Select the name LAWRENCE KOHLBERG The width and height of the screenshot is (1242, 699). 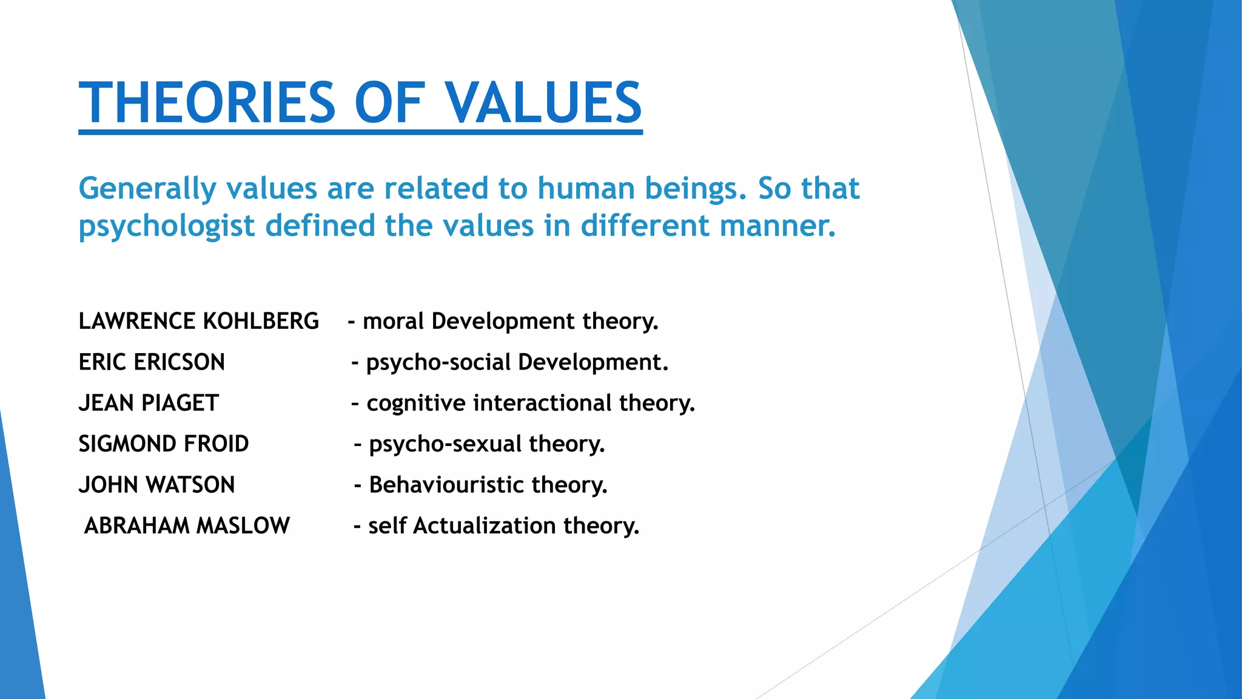tap(198, 321)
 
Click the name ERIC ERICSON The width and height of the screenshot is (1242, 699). tap(152, 362)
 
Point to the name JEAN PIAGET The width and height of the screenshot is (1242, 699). tap(149, 403)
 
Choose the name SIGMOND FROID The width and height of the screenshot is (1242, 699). tap(164, 444)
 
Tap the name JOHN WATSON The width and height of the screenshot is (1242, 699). tap(156, 485)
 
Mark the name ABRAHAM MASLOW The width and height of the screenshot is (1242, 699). tap(187, 525)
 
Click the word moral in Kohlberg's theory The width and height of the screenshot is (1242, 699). tap(393, 321)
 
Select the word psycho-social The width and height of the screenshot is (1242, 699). tap(438, 362)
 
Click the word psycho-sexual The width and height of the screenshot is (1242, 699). tap(445, 444)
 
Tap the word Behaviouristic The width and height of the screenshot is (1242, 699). tap(446, 485)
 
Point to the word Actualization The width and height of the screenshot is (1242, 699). tap(484, 525)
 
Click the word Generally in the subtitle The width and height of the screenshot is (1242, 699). tap(147, 189)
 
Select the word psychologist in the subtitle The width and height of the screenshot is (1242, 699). tap(167, 226)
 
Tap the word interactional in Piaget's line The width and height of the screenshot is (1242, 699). tap(542, 403)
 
